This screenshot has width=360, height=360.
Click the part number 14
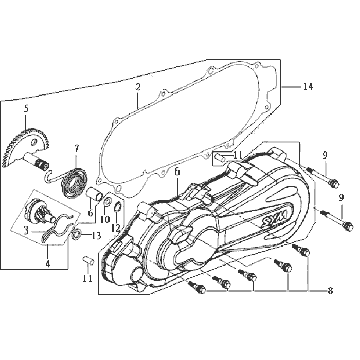tap(308, 87)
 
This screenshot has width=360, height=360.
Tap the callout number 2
tap(138, 87)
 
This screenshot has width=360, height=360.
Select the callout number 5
tap(26, 108)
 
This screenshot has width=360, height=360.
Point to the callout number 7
tap(77, 149)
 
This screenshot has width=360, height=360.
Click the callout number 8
tap(330, 291)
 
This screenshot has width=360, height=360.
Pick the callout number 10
tap(105, 219)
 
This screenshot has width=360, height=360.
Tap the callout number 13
tap(96, 236)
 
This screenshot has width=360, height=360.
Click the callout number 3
tap(25, 230)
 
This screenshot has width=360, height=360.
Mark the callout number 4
tap(48, 263)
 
